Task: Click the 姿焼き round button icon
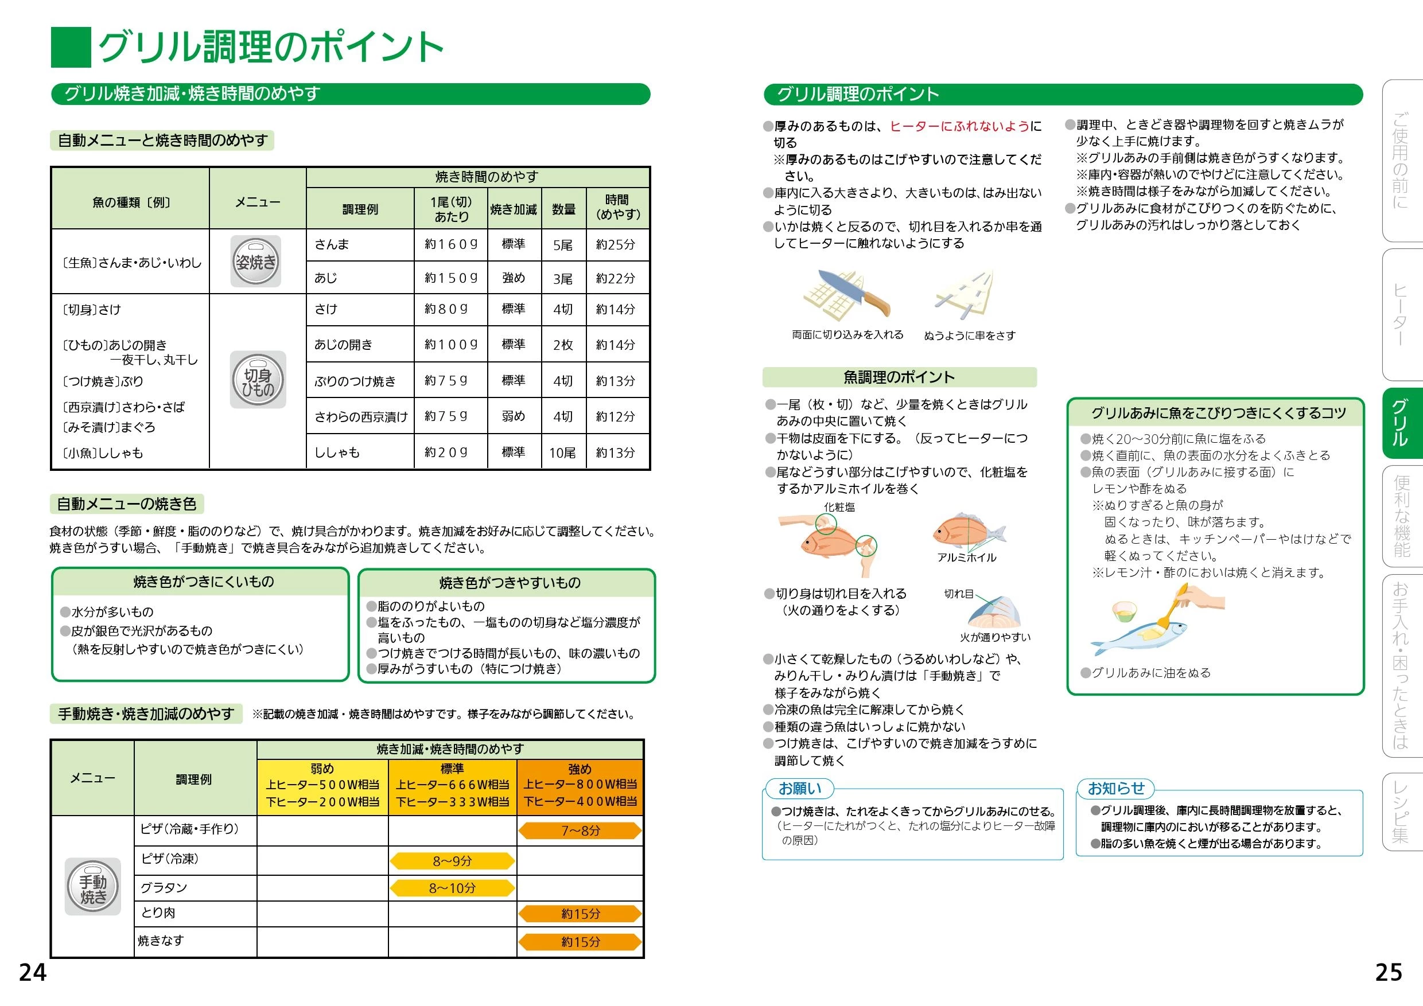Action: point(255,262)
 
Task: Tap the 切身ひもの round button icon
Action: point(258,380)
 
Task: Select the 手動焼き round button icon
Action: point(93,887)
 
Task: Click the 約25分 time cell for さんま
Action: point(616,245)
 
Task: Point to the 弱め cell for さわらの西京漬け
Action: point(513,416)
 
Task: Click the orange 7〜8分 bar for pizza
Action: point(580,830)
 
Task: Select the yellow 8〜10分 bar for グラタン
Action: point(453,888)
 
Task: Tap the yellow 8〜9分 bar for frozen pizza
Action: point(453,860)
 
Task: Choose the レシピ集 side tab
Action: point(1401,812)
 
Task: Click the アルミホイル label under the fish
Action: point(967,557)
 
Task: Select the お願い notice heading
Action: point(799,789)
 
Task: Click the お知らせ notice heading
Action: point(1116,788)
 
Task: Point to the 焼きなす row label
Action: point(161,941)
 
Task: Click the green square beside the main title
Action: point(71,47)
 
